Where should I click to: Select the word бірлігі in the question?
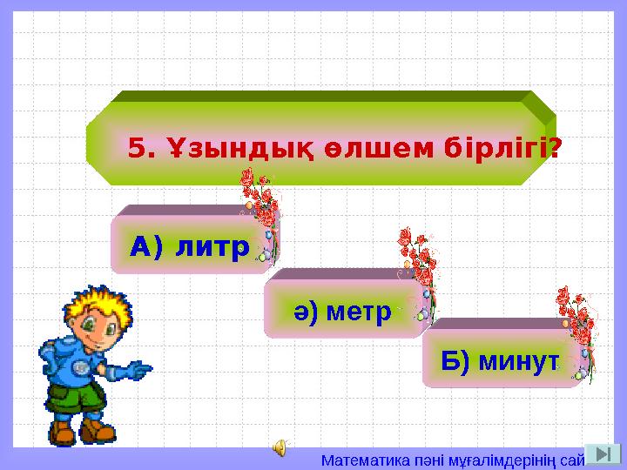click(x=492, y=149)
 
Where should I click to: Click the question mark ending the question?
click(x=554, y=149)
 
